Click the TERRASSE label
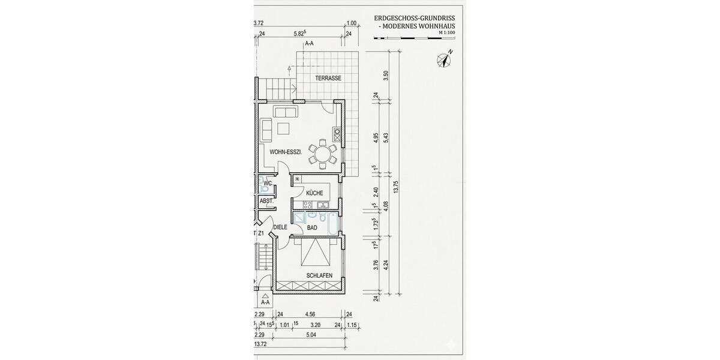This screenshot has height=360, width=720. (328, 79)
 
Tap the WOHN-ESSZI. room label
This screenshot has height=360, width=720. (285, 152)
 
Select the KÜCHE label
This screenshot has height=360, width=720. (314, 193)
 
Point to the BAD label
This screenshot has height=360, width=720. (312, 228)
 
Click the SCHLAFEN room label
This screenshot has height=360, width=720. (319, 275)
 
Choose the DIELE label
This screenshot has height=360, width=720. (280, 227)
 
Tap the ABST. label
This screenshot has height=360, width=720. (266, 201)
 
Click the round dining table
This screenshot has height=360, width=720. (323, 153)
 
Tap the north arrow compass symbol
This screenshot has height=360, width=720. (444, 59)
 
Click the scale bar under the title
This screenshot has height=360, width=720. (413, 38)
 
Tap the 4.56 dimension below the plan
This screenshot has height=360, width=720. (310, 314)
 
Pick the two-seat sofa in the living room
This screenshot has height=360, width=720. (284, 112)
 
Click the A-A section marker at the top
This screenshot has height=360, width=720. (310, 44)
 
